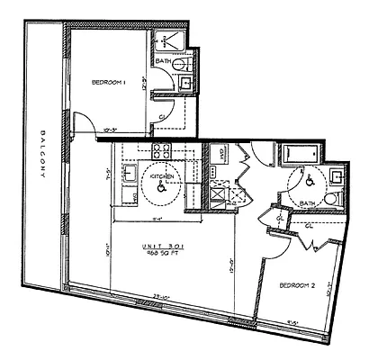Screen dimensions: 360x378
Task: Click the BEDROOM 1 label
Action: coord(108,83)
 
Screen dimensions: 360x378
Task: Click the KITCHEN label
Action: coord(161,176)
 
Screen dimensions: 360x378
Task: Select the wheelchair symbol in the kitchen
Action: coord(162,189)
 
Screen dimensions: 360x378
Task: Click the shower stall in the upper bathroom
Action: coord(167,42)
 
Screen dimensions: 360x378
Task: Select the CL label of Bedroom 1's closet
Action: coord(161,117)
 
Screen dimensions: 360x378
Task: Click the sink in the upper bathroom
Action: coord(185,84)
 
